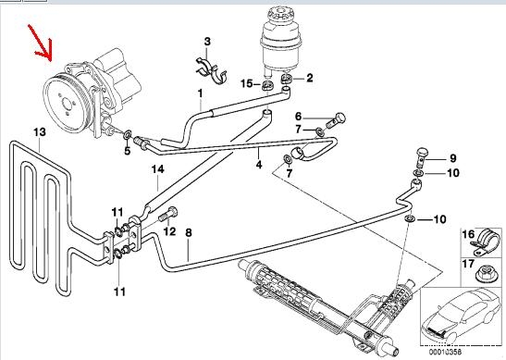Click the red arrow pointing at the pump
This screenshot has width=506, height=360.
click(x=41, y=43)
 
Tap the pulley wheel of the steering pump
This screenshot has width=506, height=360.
click(x=66, y=104)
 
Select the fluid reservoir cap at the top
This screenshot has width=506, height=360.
click(x=278, y=16)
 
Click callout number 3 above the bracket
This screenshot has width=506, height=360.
click(x=207, y=42)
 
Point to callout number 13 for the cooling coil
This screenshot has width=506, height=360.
click(x=40, y=132)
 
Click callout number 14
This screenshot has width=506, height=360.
click(x=158, y=169)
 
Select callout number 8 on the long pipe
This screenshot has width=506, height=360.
click(x=189, y=232)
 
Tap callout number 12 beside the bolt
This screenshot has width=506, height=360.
click(x=169, y=231)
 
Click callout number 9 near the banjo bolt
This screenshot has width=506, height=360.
click(x=452, y=158)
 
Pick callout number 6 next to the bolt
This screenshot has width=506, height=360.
click(x=298, y=116)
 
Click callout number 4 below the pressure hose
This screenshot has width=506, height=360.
click(x=259, y=165)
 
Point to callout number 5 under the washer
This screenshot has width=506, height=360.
click(x=127, y=151)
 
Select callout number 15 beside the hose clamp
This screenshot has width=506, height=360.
click(x=247, y=83)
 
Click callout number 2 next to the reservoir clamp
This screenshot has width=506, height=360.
click(x=310, y=78)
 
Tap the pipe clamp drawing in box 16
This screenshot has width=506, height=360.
click(x=485, y=241)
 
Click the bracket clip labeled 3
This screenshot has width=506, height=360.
click(x=211, y=70)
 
